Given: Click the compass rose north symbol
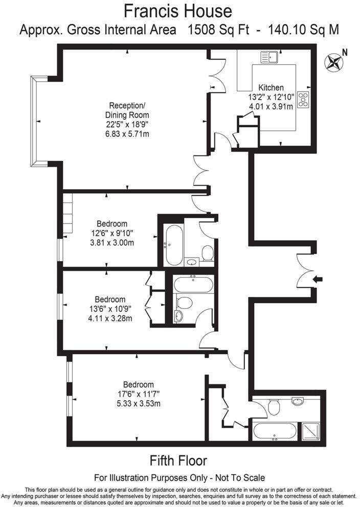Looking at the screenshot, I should coord(334,62).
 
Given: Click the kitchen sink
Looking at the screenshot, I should coord(269,57).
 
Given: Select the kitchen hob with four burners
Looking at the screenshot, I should coord(304,100).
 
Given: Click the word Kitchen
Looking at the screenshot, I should coord(271,87).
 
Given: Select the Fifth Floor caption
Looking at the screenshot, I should coord(178,460).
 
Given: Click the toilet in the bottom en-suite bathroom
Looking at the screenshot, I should coord(274,407).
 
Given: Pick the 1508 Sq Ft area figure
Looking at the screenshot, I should coord(218,30).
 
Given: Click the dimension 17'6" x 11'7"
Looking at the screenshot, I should coord(139,395).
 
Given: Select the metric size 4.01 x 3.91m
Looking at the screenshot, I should coord(271,106).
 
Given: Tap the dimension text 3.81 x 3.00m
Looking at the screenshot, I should coord(112,243).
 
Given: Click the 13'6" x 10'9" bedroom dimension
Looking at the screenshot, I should coord(110,309).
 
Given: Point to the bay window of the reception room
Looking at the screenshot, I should coord(36,121).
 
